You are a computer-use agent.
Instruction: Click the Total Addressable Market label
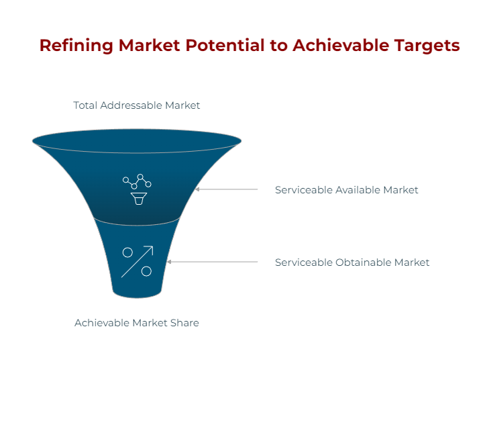point(136,105)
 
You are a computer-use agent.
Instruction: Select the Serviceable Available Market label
point(346,190)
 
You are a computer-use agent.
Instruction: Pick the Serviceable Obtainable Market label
point(352,263)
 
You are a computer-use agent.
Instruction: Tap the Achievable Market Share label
point(136,323)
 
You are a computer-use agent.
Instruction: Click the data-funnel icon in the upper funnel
point(137,189)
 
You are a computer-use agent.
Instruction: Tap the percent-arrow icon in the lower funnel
point(137,262)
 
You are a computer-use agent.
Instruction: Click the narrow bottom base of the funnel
point(137,293)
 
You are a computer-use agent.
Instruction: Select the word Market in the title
point(152,46)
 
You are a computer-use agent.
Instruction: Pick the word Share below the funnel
point(184,323)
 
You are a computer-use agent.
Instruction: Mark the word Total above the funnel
point(85,105)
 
